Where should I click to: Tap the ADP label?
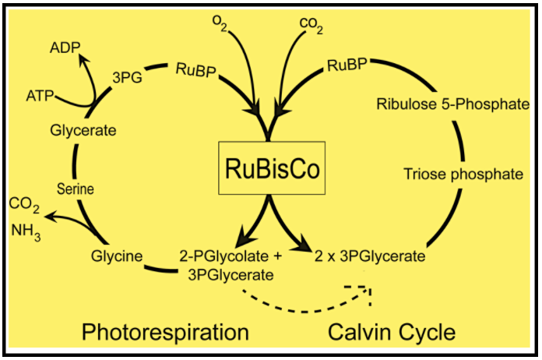(x=65, y=48)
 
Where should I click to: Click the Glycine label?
(x=114, y=256)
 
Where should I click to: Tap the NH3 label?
(x=26, y=231)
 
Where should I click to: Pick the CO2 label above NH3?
(x=25, y=205)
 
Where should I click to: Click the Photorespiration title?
(x=166, y=333)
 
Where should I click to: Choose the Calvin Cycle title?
(x=391, y=333)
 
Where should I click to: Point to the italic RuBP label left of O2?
(x=195, y=70)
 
